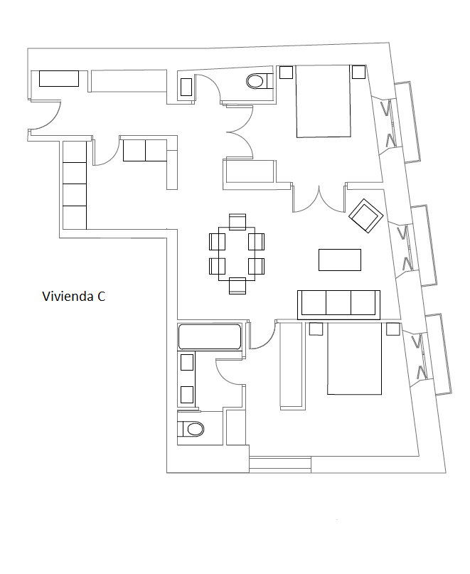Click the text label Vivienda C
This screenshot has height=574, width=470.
point(73,296)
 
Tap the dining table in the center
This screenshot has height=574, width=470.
point(237,254)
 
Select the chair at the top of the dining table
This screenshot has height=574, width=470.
point(237,222)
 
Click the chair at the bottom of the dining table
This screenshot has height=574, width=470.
point(237,286)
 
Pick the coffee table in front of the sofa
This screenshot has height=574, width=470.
point(340,260)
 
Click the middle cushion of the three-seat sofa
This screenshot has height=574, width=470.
point(338,303)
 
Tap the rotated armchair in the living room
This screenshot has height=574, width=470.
point(365,216)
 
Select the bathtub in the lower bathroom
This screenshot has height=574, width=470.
point(209,336)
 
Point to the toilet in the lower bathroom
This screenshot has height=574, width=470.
point(191,429)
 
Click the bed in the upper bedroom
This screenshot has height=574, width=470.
point(324,102)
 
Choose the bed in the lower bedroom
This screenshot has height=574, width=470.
point(354,358)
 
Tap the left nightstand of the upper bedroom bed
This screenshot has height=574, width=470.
point(287,72)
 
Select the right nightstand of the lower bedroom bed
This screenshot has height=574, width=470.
point(393,329)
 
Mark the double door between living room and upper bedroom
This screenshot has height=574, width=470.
point(319,200)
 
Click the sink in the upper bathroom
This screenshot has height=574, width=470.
point(186,87)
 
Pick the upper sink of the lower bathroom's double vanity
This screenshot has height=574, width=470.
point(187,363)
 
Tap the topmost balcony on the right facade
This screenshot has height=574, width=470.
point(407,122)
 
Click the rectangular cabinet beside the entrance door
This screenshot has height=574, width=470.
point(59,79)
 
